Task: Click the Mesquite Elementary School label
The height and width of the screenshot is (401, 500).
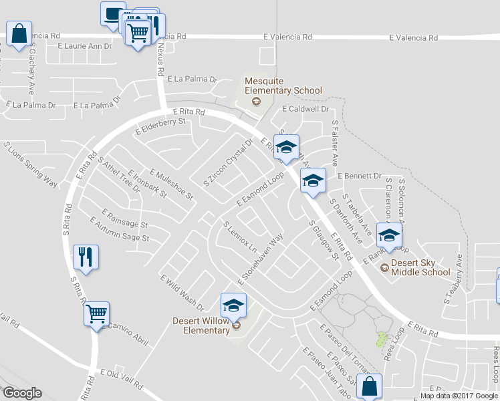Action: [283, 86]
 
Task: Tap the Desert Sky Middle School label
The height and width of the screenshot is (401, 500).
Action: [420, 267]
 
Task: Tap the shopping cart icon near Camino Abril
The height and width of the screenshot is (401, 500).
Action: [96, 313]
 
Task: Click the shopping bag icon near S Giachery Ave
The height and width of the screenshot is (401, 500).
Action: [19, 33]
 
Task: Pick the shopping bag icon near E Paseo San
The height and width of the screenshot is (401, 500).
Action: [369, 386]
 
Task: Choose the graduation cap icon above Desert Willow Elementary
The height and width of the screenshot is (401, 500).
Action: [233, 305]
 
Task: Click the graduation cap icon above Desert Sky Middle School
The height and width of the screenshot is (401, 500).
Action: [389, 235]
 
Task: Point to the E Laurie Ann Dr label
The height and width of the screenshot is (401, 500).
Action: [85, 46]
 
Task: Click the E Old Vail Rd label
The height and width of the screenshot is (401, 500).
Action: [122, 379]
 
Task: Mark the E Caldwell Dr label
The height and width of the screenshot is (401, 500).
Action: [306, 108]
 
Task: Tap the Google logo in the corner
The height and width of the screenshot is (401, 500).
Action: [22, 393]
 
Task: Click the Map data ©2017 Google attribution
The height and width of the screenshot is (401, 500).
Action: [459, 396]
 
